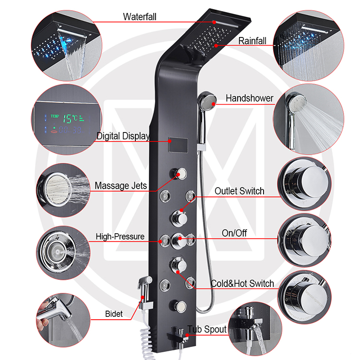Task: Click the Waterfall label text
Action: pyautogui.click(x=140, y=17)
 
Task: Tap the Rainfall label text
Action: pyautogui.click(x=252, y=41)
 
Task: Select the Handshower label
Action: pyautogui.click(x=249, y=98)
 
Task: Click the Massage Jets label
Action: pyautogui.click(x=120, y=185)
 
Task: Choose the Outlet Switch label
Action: pyautogui.click(x=239, y=191)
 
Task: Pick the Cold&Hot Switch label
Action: pyautogui.click(x=242, y=283)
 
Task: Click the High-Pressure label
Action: pyautogui.click(x=120, y=236)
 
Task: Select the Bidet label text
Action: pyautogui.click(x=114, y=314)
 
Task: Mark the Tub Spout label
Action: pyautogui.click(x=207, y=329)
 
